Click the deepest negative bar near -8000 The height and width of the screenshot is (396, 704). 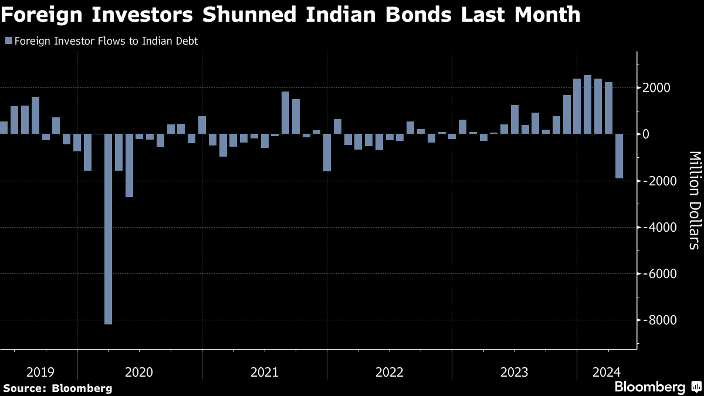108,229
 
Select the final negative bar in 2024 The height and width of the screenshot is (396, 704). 619,155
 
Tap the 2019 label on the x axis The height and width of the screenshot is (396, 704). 40,372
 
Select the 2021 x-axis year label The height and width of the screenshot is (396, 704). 265,372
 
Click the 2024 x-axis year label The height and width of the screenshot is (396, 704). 604,372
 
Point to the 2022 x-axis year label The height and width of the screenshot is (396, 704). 390,372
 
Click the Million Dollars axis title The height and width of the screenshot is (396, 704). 694,200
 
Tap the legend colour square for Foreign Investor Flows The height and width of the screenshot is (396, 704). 8,41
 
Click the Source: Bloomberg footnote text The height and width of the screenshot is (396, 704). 57,388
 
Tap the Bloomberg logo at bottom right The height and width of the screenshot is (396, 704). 649,387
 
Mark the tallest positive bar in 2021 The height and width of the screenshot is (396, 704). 286,113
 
